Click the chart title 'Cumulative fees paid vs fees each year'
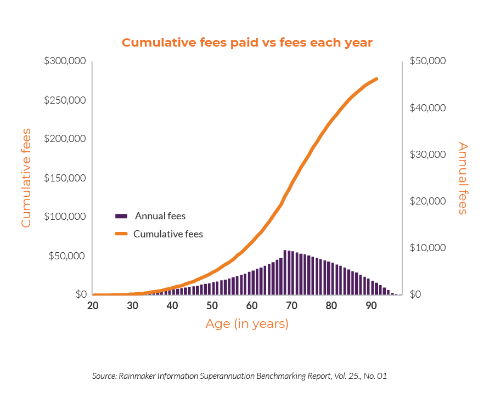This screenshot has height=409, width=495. [247, 43]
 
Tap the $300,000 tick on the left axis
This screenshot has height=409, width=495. [65, 61]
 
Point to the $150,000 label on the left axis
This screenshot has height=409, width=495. [65, 178]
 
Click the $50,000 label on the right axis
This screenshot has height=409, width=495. [428, 61]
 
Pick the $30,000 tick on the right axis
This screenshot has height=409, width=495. [428, 155]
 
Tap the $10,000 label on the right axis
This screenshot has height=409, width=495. [428, 248]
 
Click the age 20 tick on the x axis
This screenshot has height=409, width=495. [93, 305]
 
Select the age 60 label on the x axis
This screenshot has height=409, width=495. [251, 305]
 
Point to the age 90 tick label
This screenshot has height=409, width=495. [370, 305]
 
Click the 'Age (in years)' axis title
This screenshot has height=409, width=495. [247, 324]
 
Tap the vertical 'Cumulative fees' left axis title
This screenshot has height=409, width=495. [26, 178]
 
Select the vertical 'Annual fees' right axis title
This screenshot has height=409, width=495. [463, 178]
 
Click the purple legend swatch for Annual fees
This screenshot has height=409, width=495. [121, 216]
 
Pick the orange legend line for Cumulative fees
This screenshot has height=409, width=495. [121, 234]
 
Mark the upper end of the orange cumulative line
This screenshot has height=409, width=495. [376, 79]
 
